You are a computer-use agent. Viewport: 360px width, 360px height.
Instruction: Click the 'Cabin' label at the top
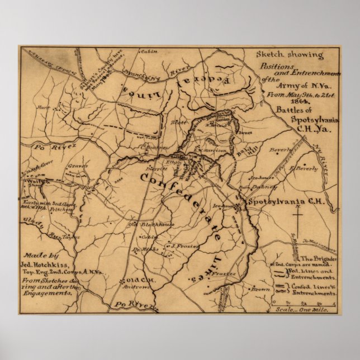tap(149, 51)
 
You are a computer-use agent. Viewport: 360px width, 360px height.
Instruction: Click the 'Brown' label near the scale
tap(260, 290)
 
